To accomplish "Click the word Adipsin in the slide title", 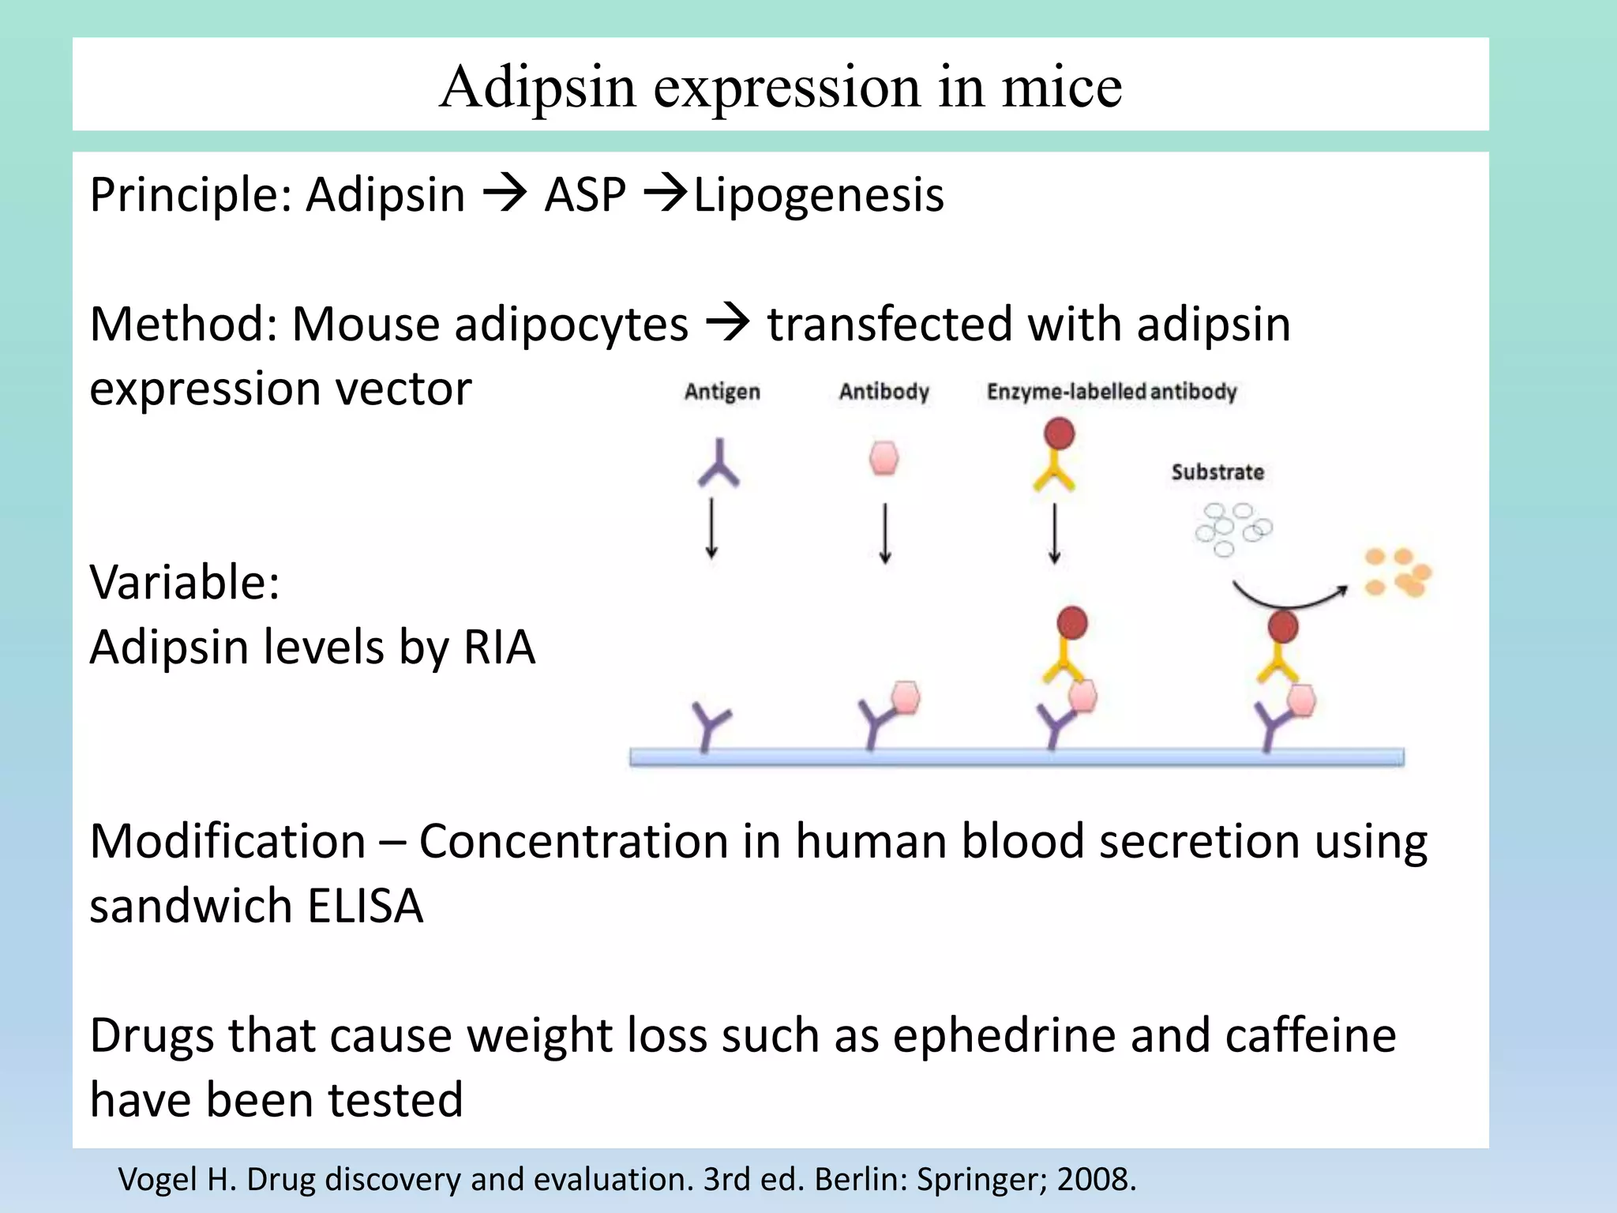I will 537,87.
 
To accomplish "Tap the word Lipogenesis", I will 819,195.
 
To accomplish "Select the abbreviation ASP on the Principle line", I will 584,195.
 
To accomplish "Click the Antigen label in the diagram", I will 722,392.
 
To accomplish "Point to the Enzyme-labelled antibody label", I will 1111,392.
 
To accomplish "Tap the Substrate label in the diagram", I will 1217,472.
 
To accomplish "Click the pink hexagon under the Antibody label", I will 884,458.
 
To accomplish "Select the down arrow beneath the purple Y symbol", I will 711,528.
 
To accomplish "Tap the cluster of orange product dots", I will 1398,573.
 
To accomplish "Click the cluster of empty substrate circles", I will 1232,527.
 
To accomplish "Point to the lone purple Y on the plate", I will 710,725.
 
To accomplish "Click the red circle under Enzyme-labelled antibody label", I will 1059,434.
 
